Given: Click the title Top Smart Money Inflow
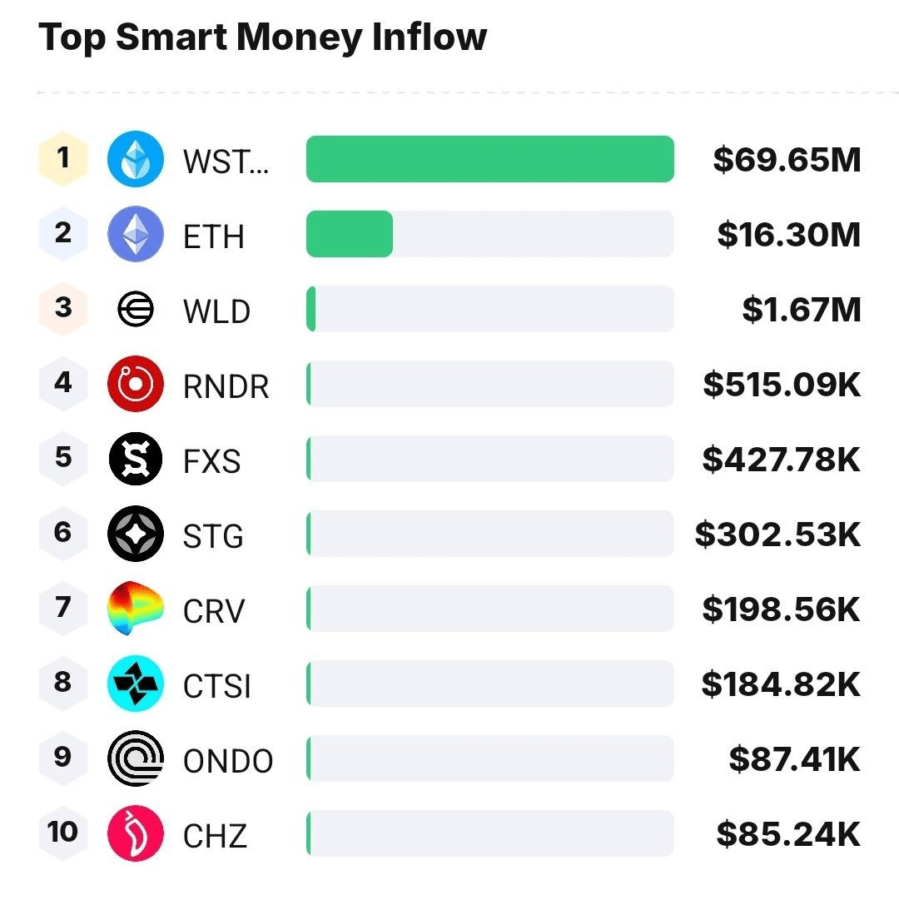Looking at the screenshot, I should [262, 37].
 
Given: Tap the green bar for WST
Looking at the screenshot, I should [489, 159].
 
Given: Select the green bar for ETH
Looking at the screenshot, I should [350, 234].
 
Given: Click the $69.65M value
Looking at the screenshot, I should [787, 159].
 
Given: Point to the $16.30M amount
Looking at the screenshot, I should [788, 234].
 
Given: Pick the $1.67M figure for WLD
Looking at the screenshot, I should [801, 309].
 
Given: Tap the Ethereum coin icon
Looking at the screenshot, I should [136, 234].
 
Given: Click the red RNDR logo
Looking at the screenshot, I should [136, 384].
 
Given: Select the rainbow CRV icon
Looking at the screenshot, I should [136, 609].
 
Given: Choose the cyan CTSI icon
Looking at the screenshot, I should [136, 684].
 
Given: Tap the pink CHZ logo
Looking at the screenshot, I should [136, 833].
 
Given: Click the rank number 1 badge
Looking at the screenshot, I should [63, 158].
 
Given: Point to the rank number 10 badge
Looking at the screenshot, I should [63, 832].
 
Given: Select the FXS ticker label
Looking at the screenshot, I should [212, 460].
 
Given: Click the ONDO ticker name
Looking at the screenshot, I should [228, 760].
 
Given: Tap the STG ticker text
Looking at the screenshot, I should [213, 535].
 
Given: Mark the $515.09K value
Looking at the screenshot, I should [782, 384].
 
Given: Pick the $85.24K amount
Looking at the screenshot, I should [788, 833].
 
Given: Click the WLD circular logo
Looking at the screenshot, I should [136, 309].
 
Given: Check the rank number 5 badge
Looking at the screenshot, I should [63, 458].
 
